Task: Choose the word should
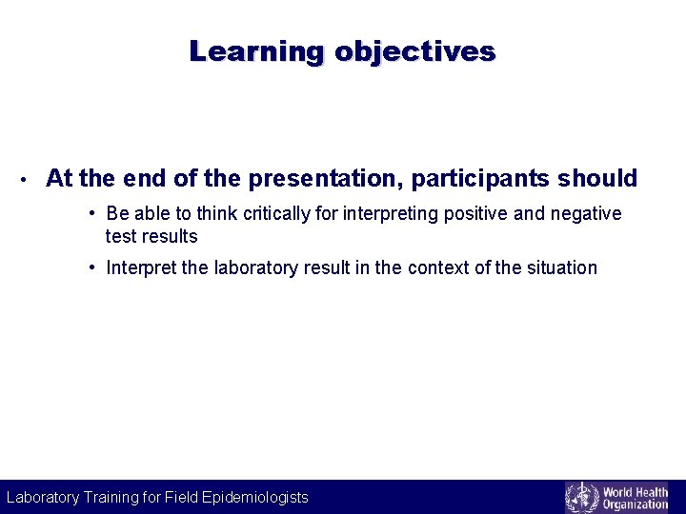pos(598,178)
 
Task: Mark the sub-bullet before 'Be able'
pos(93,213)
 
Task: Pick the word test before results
pos(121,236)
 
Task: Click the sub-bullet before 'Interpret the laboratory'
pos(93,267)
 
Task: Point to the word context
pos(439,267)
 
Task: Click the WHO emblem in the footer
pos(581,497)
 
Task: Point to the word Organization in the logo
pos(636,504)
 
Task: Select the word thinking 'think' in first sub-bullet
pos(219,213)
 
